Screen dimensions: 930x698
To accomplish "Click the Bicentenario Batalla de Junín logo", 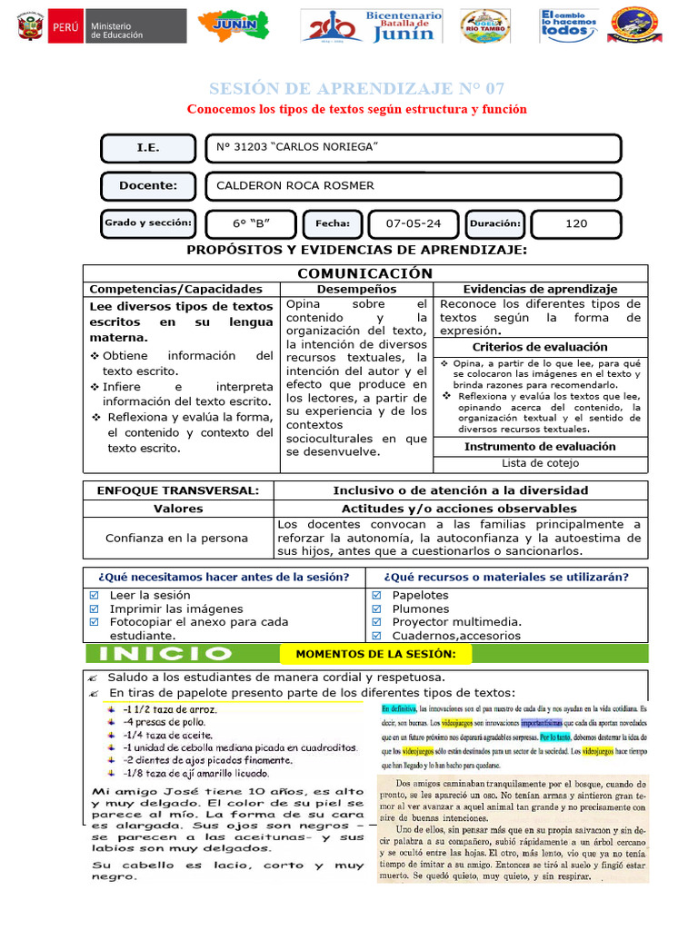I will pyautogui.click(x=373, y=26).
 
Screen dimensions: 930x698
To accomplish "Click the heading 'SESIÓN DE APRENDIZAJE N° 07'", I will pyautogui.click(x=356, y=88).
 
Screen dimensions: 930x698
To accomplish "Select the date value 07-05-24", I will pyautogui.click(x=414, y=223).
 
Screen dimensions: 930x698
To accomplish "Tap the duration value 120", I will pyautogui.click(x=575, y=223).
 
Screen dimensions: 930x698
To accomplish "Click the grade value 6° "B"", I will pyautogui.click(x=251, y=223).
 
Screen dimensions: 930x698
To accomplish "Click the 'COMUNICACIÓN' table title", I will pyautogui.click(x=365, y=273).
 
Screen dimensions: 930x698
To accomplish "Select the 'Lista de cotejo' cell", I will pyautogui.click(x=540, y=463).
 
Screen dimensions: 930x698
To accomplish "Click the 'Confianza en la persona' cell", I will pyautogui.click(x=178, y=538).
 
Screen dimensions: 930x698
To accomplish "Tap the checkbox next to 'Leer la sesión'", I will pyautogui.click(x=95, y=596).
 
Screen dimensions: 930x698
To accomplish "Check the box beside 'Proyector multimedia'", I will pyautogui.click(x=376, y=622).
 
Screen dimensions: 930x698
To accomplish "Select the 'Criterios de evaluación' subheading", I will pyautogui.click(x=540, y=347).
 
